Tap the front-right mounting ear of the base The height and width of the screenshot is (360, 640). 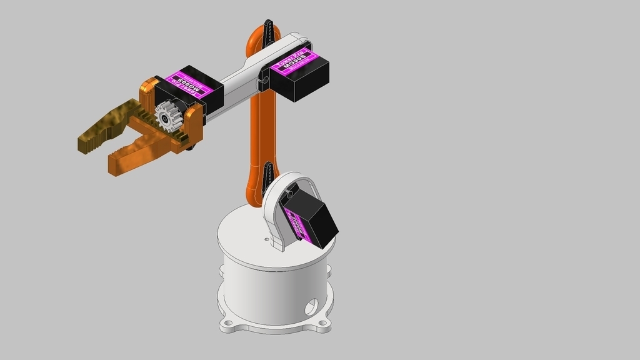(x=322, y=323)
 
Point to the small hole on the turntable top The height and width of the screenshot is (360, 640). (x=267, y=239)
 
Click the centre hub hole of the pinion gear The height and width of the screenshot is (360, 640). (x=165, y=117)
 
